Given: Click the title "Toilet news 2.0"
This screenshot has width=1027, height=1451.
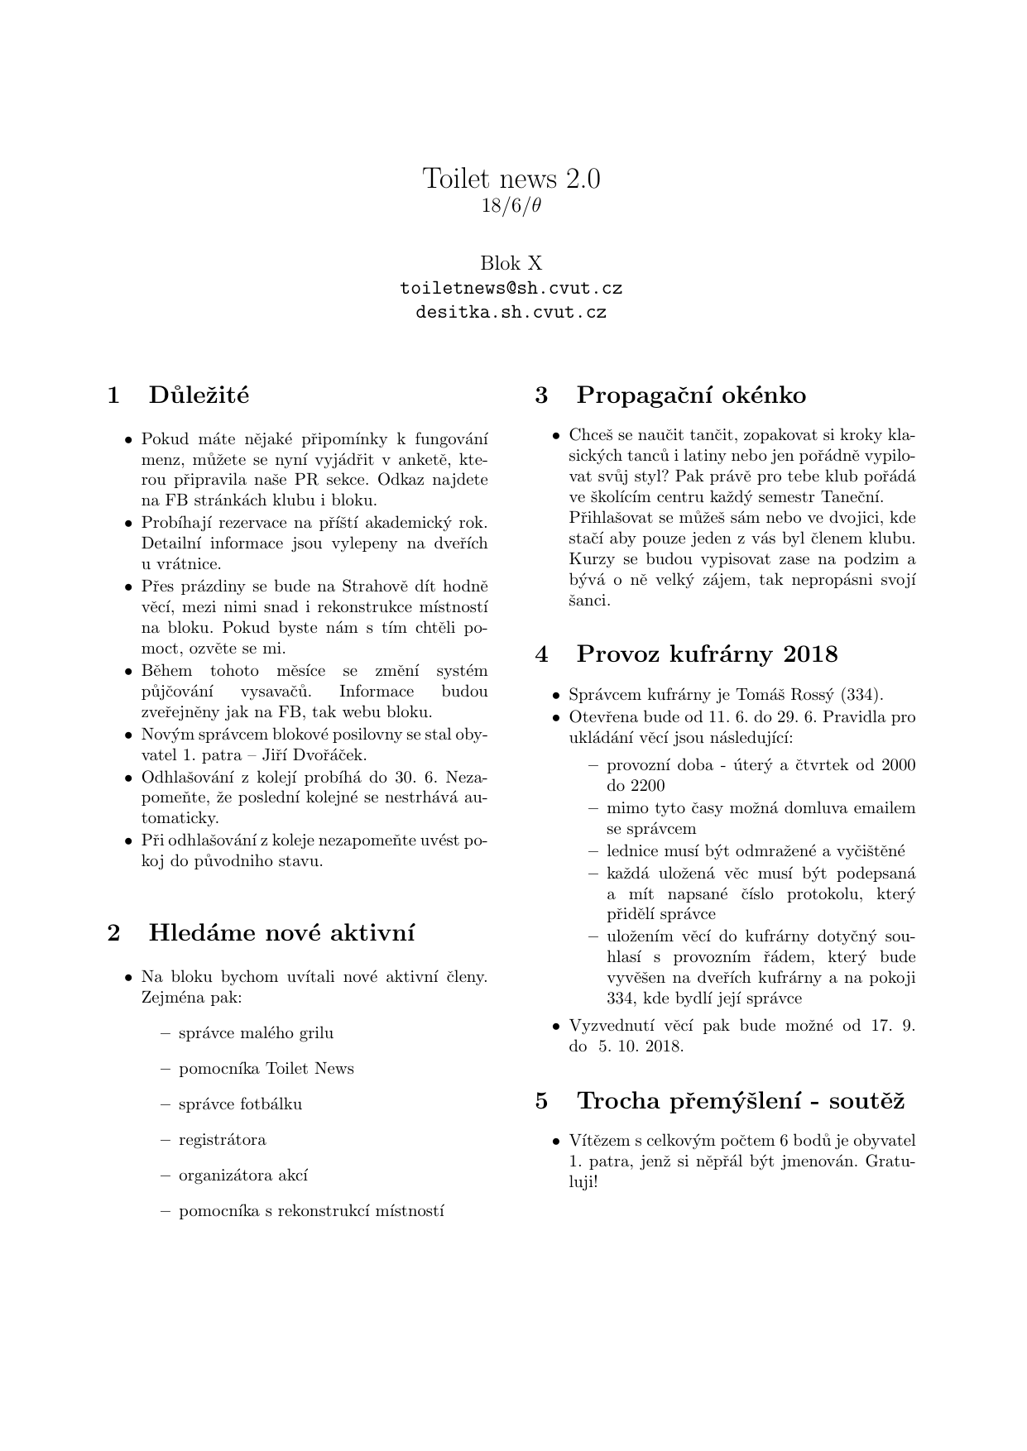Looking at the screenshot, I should [x=511, y=178].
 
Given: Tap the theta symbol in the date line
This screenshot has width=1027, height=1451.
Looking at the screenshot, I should [x=536, y=206].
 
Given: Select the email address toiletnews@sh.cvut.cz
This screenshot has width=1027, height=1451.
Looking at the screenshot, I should [x=511, y=289].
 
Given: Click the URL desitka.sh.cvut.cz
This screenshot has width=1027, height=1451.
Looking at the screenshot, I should [x=511, y=313].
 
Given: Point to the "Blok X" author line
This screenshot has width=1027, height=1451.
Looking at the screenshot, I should [x=511, y=264].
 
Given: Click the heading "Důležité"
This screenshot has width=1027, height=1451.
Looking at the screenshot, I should [x=199, y=395].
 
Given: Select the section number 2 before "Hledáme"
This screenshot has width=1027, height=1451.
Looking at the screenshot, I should [x=114, y=933].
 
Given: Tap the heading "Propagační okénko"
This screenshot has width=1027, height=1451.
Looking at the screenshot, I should [x=691, y=395].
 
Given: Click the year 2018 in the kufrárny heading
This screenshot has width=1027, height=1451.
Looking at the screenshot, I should [x=810, y=654].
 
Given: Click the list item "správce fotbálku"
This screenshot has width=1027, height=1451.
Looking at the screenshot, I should [x=240, y=1104].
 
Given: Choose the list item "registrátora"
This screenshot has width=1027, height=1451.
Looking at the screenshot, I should [x=222, y=1140].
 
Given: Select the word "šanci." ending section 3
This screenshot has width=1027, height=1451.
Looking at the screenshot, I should [x=589, y=601].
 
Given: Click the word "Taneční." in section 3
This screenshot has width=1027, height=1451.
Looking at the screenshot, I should [x=852, y=497].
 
